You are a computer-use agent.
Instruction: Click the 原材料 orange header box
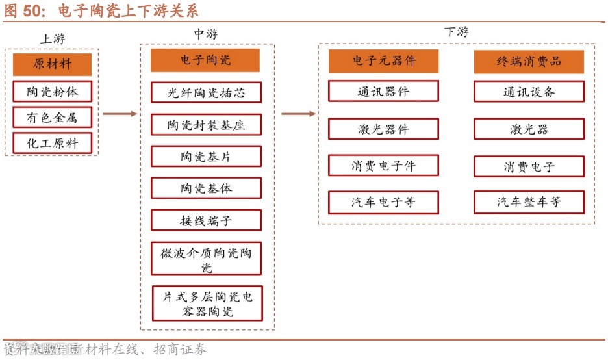coord(52,64)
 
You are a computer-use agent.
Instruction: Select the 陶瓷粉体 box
coord(52,91)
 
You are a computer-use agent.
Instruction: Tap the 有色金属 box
coord(52,117)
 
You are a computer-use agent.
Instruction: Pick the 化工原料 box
coord(52,143)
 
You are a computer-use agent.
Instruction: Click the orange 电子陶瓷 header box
coord(205,60)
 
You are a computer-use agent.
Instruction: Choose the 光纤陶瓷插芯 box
coord(206,92)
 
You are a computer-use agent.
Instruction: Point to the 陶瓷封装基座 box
coord(206,124)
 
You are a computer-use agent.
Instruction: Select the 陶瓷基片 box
coord(206,156)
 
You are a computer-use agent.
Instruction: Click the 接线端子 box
coord(206,220)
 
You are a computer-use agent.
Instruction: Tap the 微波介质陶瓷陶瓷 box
coord(206,259)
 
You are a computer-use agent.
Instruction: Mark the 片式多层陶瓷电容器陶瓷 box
coord(207,303)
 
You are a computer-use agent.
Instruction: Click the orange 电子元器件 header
coord(383,61)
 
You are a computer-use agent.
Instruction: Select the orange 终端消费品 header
coord(529,61)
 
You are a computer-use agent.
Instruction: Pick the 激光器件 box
coord(383,129)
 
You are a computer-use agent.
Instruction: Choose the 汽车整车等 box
coord(529,202)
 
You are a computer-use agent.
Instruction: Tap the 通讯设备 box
coord(529,92)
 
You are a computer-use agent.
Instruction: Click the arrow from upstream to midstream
coord(120,114)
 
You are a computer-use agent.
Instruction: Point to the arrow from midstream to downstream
coord(298,114)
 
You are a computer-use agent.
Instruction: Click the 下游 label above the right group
coord(456,32)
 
